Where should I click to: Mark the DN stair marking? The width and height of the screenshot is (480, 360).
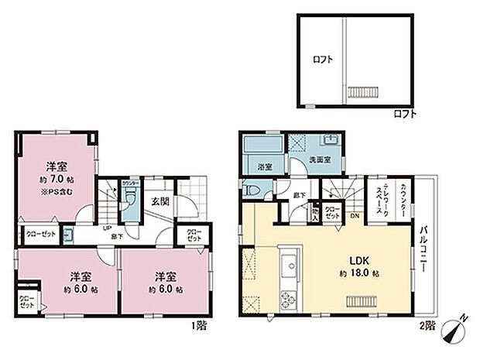354,218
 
